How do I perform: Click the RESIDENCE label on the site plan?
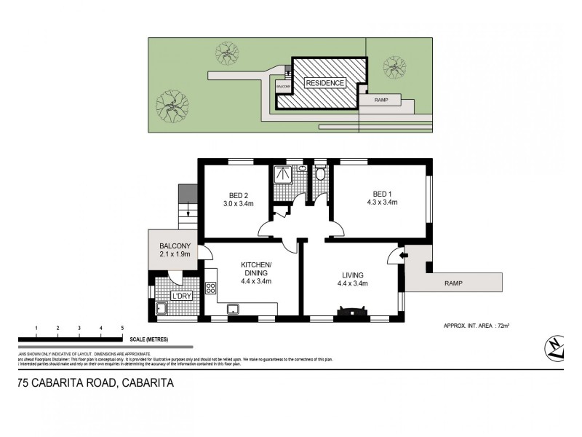pos(324,83)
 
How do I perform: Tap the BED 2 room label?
pos(239,194)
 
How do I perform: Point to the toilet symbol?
pos(320,173)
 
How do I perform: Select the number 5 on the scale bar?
pos(122,328)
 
